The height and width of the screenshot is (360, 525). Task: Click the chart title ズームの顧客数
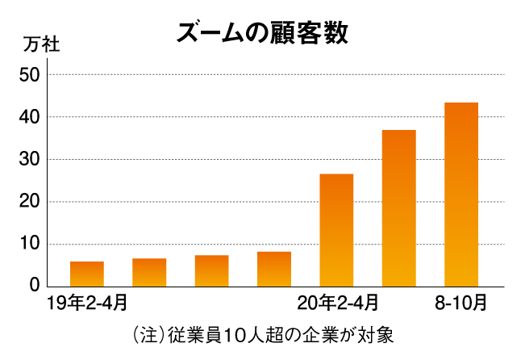pyautogui.click(x=262, y=33)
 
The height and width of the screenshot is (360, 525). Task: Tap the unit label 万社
pyautogui.click(x=41, y=44)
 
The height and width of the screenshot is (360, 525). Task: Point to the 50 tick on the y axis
pyautogui.click(x=30, y=75)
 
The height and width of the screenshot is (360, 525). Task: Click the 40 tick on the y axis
pyautogui.click(x=30, y=117)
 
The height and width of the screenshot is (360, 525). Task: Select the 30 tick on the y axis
pyautogui.click(x=30, y=160)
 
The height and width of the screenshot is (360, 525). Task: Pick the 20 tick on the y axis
pyautogui.click(x=30, y=202)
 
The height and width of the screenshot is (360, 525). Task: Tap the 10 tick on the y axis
pyautogui.click(x=30, y=244)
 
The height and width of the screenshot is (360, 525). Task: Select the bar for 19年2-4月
pyautogui.click(x=87, y=274)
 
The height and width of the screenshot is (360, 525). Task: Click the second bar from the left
pyautogui.click(x=149, y=272)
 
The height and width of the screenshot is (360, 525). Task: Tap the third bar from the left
pyautogui.click(x=211, y=270)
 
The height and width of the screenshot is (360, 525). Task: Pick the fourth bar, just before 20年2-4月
pyautogui.click(x=274, y=269)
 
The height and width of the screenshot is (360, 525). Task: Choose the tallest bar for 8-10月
pyautogui.click(x=461, y=194)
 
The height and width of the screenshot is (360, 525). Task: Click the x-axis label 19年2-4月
pyautogui.click(x=87, y=304)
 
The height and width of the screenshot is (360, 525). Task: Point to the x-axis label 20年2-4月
pyautogui.click(x=337, y=304)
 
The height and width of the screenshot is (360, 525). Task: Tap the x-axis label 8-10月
pyautogui.click(x=461, y=304)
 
